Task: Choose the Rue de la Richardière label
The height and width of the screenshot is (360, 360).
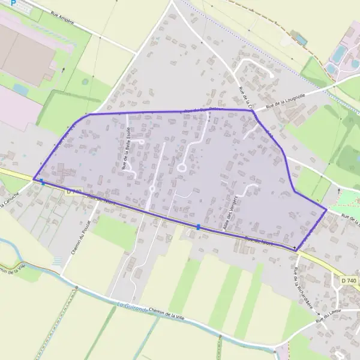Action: point(296,281)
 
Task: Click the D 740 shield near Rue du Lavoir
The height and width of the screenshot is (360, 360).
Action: point(348,281)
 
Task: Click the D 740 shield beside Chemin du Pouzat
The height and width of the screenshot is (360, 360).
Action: point(74,191)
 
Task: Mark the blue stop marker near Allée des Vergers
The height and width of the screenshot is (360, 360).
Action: point(199,226)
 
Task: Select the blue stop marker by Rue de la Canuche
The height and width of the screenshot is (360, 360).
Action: point(42,182)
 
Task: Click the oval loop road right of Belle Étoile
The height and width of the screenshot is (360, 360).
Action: point(181,168)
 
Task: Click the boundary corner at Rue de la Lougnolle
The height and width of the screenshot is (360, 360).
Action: point(252,110)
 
